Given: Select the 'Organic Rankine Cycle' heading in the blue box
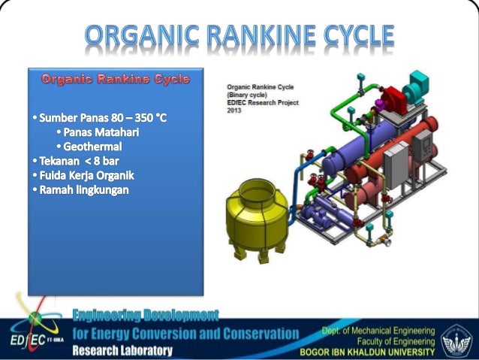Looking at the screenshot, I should [116, 77].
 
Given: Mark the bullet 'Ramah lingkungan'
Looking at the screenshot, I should [81, 189].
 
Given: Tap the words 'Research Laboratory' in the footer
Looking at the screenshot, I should [122, 350].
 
